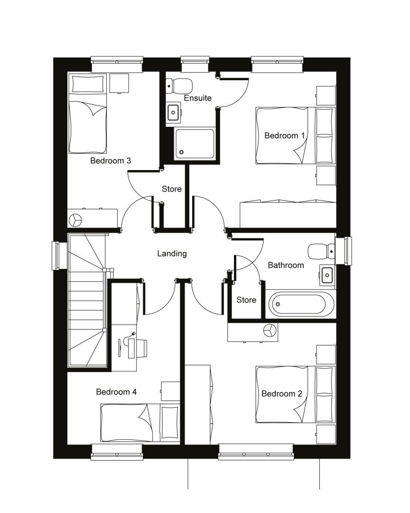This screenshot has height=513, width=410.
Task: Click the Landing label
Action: click(x=172, y=254)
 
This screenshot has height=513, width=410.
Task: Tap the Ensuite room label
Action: click(x=197, y=98)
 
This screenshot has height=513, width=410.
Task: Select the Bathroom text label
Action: click(x=286, y=265)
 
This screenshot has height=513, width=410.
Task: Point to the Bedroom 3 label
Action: click(x=111, y=161)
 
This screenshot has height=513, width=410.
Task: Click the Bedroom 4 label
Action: click(x=116, y=391)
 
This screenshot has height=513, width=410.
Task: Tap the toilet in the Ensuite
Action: click(x=179, y=85)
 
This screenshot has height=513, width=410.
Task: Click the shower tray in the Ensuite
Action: click(x=195, y=143)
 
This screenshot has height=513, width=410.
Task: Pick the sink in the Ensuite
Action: click(x=173, y=113)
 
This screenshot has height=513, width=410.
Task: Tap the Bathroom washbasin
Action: click(x=327, y=275)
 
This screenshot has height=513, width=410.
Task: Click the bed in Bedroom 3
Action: click(x=87, y=114)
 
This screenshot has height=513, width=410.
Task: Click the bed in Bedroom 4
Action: click(x=140, y=423)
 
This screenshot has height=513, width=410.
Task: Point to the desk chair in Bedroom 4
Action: click(x=141, y=348)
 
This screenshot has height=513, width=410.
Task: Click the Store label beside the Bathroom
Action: click(x=246, y=300)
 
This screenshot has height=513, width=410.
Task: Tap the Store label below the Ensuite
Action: click(x=172, y=189)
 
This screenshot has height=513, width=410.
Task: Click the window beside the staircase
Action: click(x=55, y=255)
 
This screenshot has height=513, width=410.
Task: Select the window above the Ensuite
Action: click(x=195, y=64)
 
